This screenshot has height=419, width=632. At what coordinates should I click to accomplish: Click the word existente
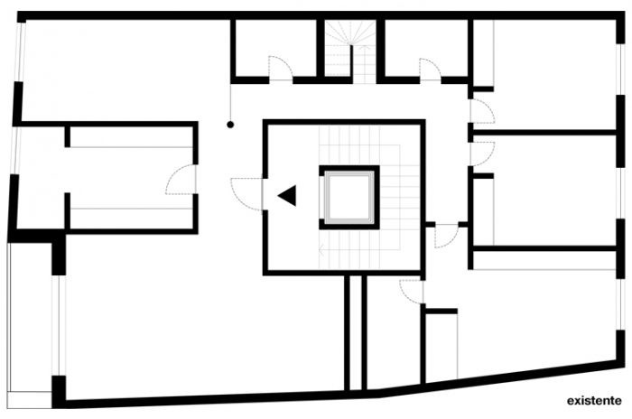click(594, 399)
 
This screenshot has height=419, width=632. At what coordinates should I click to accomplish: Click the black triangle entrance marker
click(287, 195)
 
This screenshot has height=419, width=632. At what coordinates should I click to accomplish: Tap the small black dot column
click(231, 124)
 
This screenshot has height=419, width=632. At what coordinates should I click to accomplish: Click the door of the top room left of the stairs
click(280, 69)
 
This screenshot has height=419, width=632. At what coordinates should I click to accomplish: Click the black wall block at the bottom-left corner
click(60, 390)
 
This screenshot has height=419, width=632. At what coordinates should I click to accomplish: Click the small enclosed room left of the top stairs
click(275, 47)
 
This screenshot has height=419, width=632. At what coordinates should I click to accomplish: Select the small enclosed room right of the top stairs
click(424, 47)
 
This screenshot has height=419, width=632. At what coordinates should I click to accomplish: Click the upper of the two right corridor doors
click(481, 112)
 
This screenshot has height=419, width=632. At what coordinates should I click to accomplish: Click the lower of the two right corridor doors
click(481, 153)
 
